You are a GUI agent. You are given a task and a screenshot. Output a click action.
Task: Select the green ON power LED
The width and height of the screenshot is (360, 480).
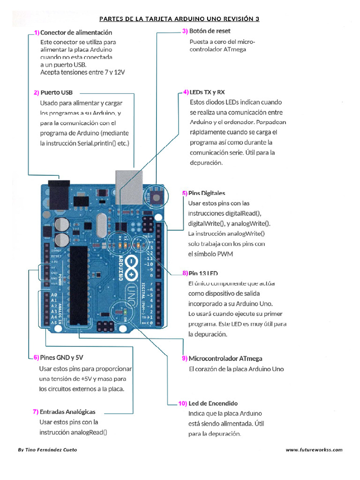coord(125,312)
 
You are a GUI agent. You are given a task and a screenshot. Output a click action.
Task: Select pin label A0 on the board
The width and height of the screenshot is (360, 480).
coord(54,294)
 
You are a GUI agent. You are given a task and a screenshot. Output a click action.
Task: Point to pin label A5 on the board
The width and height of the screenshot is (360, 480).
coord(54,322)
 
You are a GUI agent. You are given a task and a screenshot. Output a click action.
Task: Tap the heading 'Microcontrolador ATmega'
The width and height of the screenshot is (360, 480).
coord(225,359)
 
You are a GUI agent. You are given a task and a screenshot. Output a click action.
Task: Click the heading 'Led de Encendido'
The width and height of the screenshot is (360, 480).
coord(213,403)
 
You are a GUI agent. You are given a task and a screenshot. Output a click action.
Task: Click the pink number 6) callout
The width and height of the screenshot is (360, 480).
coord(36,358)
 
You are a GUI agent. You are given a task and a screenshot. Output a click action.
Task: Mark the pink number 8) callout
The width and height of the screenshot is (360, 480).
coord(185,273)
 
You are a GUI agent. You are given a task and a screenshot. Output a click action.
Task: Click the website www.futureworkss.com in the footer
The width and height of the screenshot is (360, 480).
coord(314,450)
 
